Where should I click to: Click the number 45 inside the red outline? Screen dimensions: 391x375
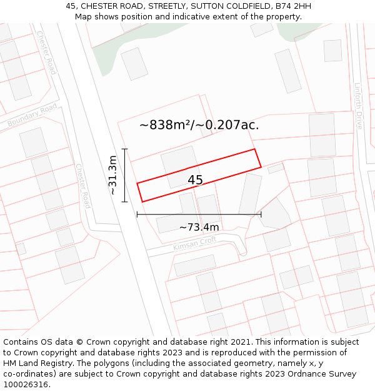coord(195,180)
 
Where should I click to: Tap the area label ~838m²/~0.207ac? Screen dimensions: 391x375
coord(199,125)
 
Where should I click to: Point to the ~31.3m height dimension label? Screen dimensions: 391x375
coord(113,175)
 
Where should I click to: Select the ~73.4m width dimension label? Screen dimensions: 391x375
coord(199,227)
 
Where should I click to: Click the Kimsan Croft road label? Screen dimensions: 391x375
coord(195,243)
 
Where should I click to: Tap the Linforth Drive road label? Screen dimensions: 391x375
coord(358,106)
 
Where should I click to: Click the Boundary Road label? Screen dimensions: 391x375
coord(32,116)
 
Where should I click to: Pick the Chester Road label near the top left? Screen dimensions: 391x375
coord(46,53)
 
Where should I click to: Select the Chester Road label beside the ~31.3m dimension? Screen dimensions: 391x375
coord(82,186)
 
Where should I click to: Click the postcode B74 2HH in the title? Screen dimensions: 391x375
coord(291,6)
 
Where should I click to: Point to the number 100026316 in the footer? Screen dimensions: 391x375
coord(24,385)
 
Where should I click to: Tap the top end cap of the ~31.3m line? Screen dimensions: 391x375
coord(125,149)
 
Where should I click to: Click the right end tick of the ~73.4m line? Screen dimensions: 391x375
coord(261,215)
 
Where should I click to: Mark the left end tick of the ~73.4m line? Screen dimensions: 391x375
coord(137,215)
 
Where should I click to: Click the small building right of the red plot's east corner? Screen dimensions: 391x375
coord(276,168)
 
